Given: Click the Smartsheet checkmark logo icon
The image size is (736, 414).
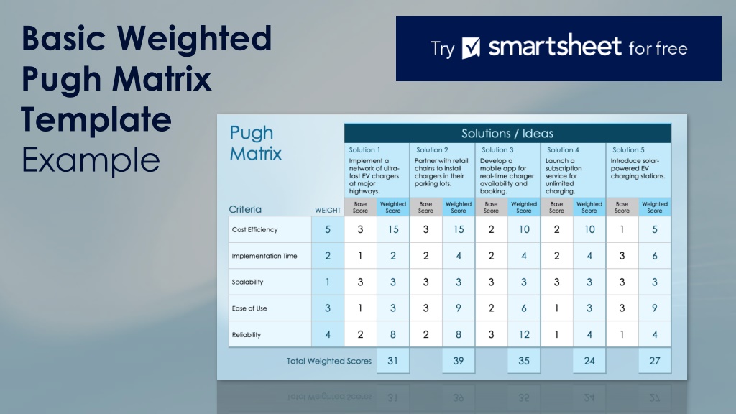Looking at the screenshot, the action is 471,48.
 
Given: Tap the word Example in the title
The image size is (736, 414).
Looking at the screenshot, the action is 91,160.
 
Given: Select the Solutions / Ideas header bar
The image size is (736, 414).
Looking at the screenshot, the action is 507,133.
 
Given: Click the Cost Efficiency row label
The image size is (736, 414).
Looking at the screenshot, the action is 255,229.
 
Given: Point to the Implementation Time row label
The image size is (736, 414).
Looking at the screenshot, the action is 264,256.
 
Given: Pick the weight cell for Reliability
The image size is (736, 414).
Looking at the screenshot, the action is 328,334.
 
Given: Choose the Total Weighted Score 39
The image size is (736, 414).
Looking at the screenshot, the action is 458,361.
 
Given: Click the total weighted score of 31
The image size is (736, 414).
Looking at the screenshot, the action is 393,361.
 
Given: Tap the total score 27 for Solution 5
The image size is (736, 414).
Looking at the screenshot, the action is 655,361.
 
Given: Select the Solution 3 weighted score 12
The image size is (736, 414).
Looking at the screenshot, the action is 524,334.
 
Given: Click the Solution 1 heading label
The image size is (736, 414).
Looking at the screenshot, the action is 364,149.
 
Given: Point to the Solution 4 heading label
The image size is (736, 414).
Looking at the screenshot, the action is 562,149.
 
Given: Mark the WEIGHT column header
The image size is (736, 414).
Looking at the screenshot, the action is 328,211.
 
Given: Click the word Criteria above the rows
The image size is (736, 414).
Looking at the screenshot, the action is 245,209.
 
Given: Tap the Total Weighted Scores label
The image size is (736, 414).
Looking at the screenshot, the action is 329,361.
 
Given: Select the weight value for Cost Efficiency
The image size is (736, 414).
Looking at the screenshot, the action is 328,229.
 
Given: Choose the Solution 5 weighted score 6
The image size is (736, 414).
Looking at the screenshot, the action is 655,256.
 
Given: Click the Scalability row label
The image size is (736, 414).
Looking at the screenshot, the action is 247,282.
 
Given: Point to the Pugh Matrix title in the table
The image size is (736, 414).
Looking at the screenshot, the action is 255,143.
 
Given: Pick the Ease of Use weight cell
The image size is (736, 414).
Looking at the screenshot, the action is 328,308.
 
